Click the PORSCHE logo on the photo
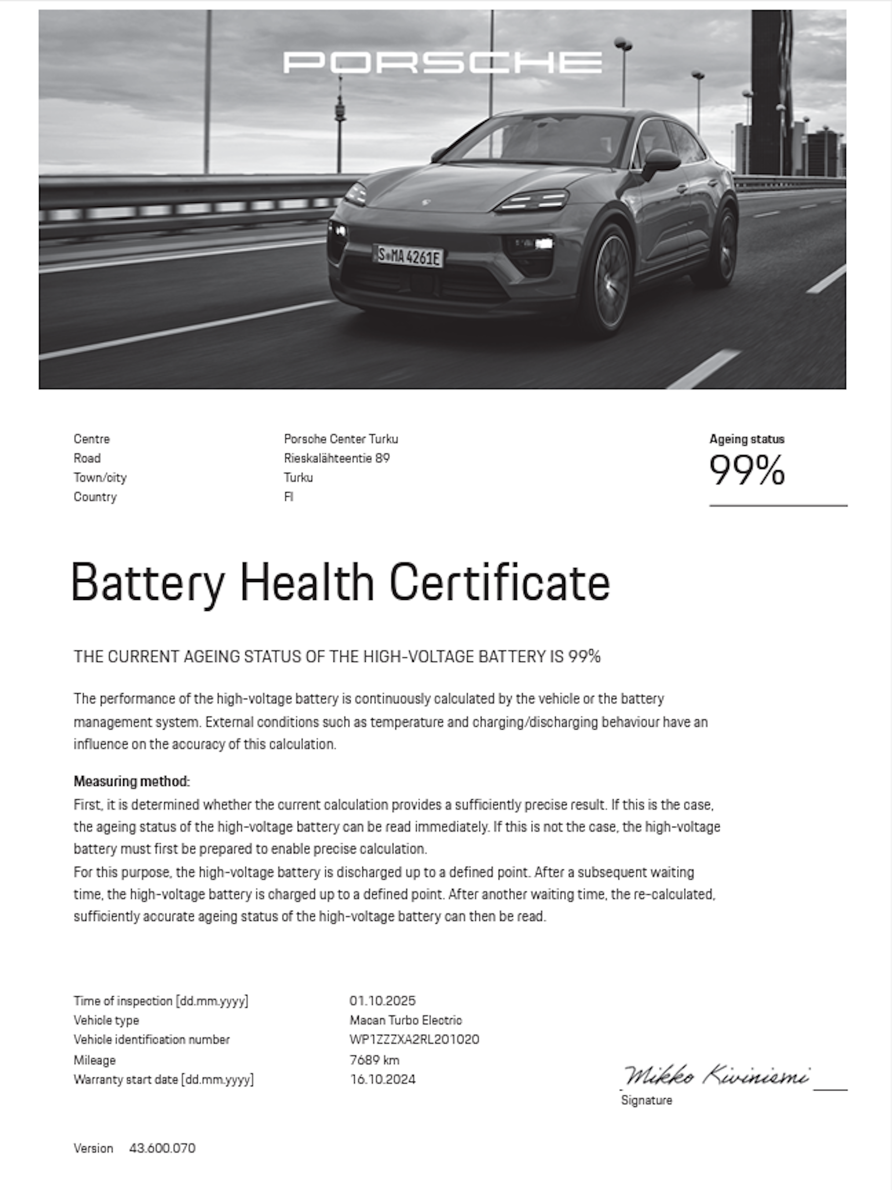coord(442,62)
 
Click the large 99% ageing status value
coord(747,470)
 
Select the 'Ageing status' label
coord(747,439)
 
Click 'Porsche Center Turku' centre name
coord(341,439)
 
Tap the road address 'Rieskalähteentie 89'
coord(336,458)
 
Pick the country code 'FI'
coord(289,497)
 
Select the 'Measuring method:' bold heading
coord(132,781)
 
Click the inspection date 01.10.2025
coord(382,1001)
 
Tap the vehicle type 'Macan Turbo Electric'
coord(405,1020)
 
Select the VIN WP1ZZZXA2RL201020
coord(414,1039)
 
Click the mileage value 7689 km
coord(374,1060)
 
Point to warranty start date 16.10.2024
coord(383,1079)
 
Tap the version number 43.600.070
coord(162,1148)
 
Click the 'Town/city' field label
coord(100,478)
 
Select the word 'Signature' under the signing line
coord(646,1100)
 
